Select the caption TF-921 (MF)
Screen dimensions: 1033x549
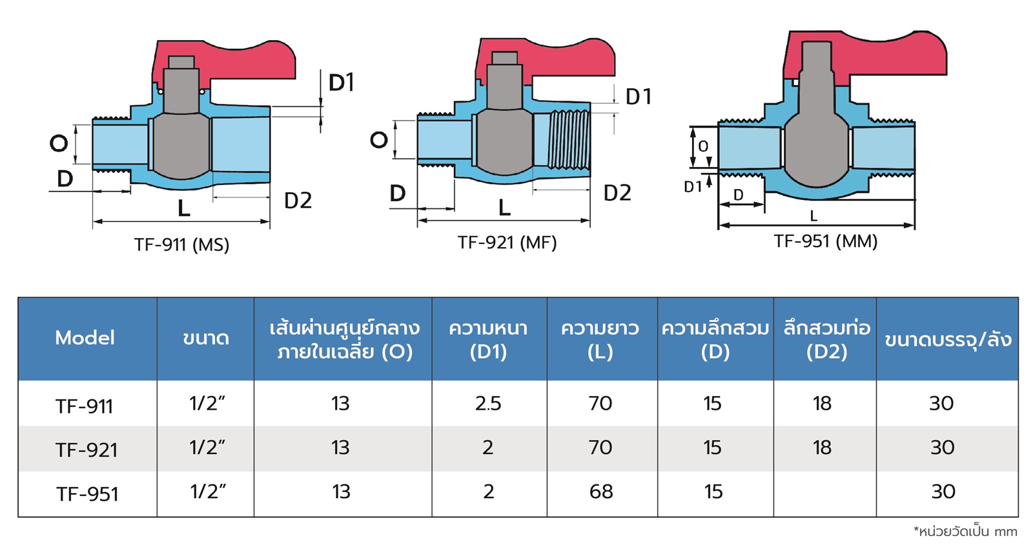507,243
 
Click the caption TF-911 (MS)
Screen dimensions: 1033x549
181,245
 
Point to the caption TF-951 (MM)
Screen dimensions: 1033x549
826,241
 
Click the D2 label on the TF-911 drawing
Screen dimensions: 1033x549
298,201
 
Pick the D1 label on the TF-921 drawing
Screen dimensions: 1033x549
639,97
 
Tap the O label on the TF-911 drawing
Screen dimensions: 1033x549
59,144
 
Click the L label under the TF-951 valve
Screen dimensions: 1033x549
813,215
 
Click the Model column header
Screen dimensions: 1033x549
85,338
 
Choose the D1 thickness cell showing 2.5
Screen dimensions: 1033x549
488,403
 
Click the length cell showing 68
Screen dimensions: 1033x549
601,492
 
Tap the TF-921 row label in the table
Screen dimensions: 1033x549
87,450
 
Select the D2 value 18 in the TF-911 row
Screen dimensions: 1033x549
823,403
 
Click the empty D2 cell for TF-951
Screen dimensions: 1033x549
825,494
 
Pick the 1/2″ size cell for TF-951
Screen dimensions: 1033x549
208,492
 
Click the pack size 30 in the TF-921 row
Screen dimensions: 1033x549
942,448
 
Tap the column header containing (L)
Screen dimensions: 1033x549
600,340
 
